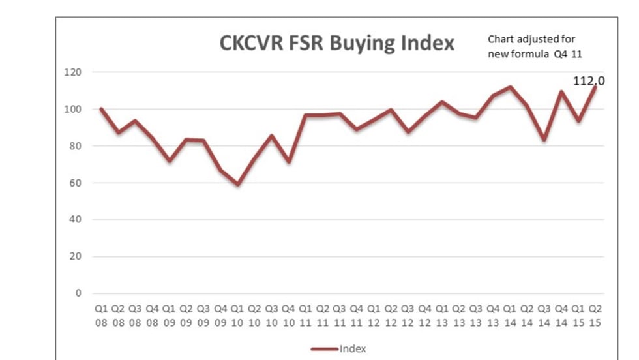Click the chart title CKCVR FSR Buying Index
[336, 44]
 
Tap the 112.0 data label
[589, 81]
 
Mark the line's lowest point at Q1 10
[237, 185]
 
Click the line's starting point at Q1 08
[101, 109]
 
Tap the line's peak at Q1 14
[510, 87]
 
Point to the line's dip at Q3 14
[544, 139]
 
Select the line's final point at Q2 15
[595, 87]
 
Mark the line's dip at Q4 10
[288, 161]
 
